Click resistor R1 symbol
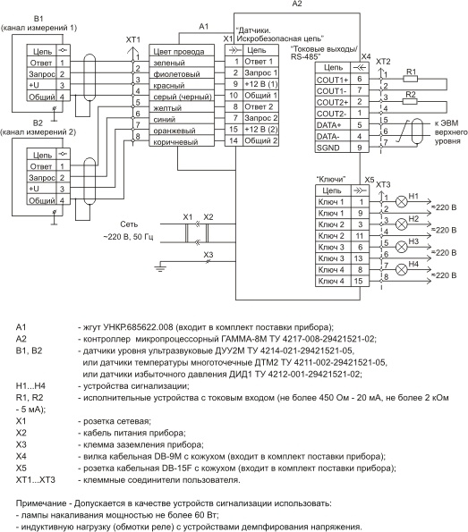coord(410,79)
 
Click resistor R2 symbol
coord(410,101)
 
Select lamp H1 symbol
coord(402,202)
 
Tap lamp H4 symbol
coord(402,270)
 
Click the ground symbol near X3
coord(160,268)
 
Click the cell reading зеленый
coord(182,63)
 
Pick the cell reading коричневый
coord(182,141)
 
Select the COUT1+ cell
coord(333,80)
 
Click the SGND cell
coord(333,148)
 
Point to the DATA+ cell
coord(333,125)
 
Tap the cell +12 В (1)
coord(260,84)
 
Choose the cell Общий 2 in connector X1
coord(260,140)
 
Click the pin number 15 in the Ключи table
coord(360,281)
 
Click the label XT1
coord(132,39)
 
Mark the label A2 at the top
coord(297,4)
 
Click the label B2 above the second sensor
coord(38,122)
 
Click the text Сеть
coord(129,224)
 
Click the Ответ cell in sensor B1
coord(41,63)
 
